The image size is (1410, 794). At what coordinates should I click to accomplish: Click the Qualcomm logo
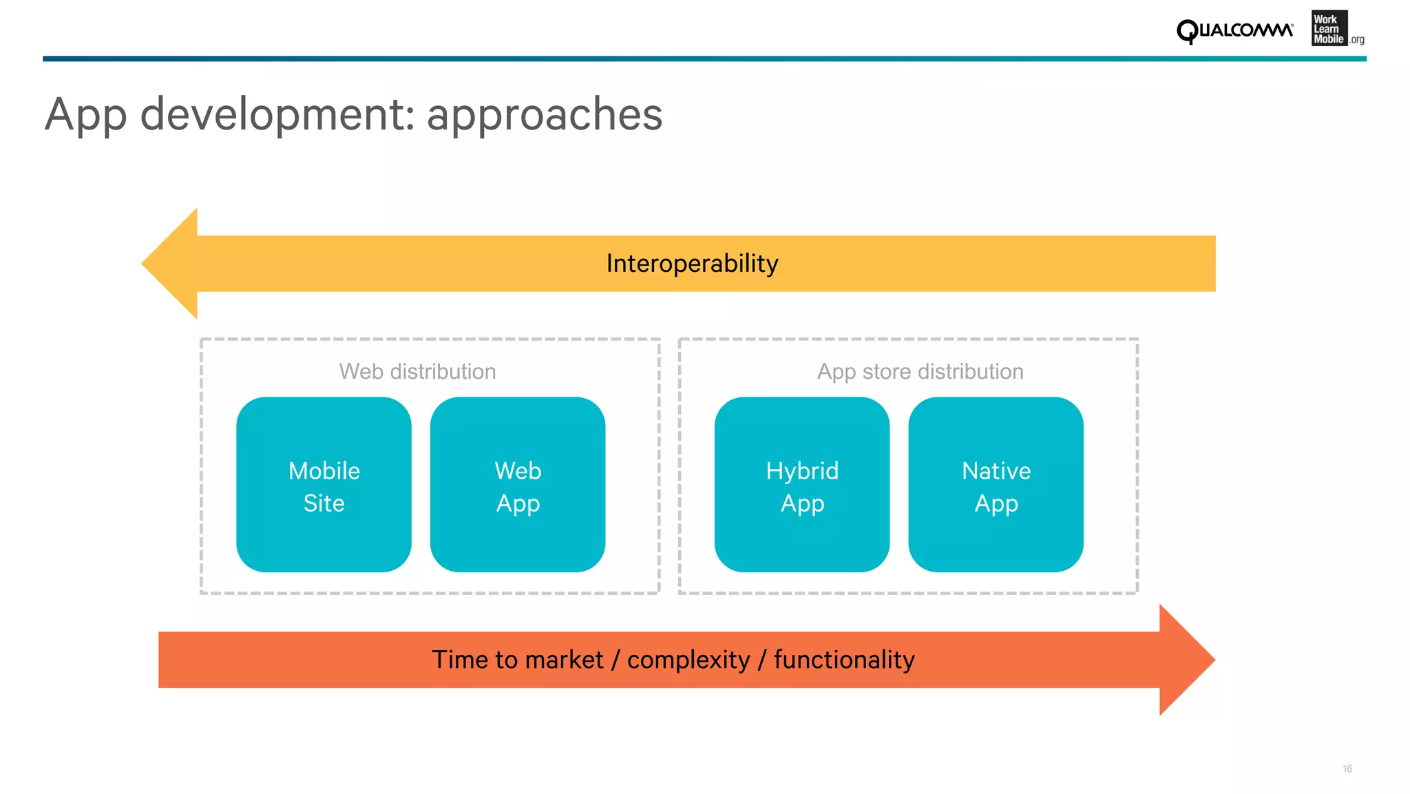(1234, 31)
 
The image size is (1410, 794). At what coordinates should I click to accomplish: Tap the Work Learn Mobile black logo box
(1329, 29)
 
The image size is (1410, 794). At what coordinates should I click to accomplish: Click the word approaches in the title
(544, 114)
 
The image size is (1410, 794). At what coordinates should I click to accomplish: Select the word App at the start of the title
(85, 116)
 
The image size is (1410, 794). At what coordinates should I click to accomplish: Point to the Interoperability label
(692, 264)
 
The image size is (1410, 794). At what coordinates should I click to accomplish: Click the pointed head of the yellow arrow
(169, 264)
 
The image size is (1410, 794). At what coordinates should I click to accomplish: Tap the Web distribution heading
(417, 372)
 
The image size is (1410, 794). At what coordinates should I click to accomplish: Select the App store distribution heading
(920, 372)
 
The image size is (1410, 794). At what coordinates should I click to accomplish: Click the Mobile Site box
(324, 485)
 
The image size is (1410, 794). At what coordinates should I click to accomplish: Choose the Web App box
(518, 485)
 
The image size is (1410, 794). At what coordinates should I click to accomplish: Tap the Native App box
(996, 485)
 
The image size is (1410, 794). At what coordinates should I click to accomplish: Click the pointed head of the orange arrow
(1187, 660)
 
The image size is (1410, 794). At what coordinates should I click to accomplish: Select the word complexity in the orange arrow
(688, 660)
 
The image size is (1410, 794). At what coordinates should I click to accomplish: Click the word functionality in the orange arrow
(844, 660)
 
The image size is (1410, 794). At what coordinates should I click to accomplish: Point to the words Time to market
(517, 660)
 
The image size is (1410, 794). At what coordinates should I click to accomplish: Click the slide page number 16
(1347, 769)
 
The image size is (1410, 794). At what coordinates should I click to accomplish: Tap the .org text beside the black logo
(1357, 40)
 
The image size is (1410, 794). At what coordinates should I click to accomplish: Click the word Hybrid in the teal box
(802, 471)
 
